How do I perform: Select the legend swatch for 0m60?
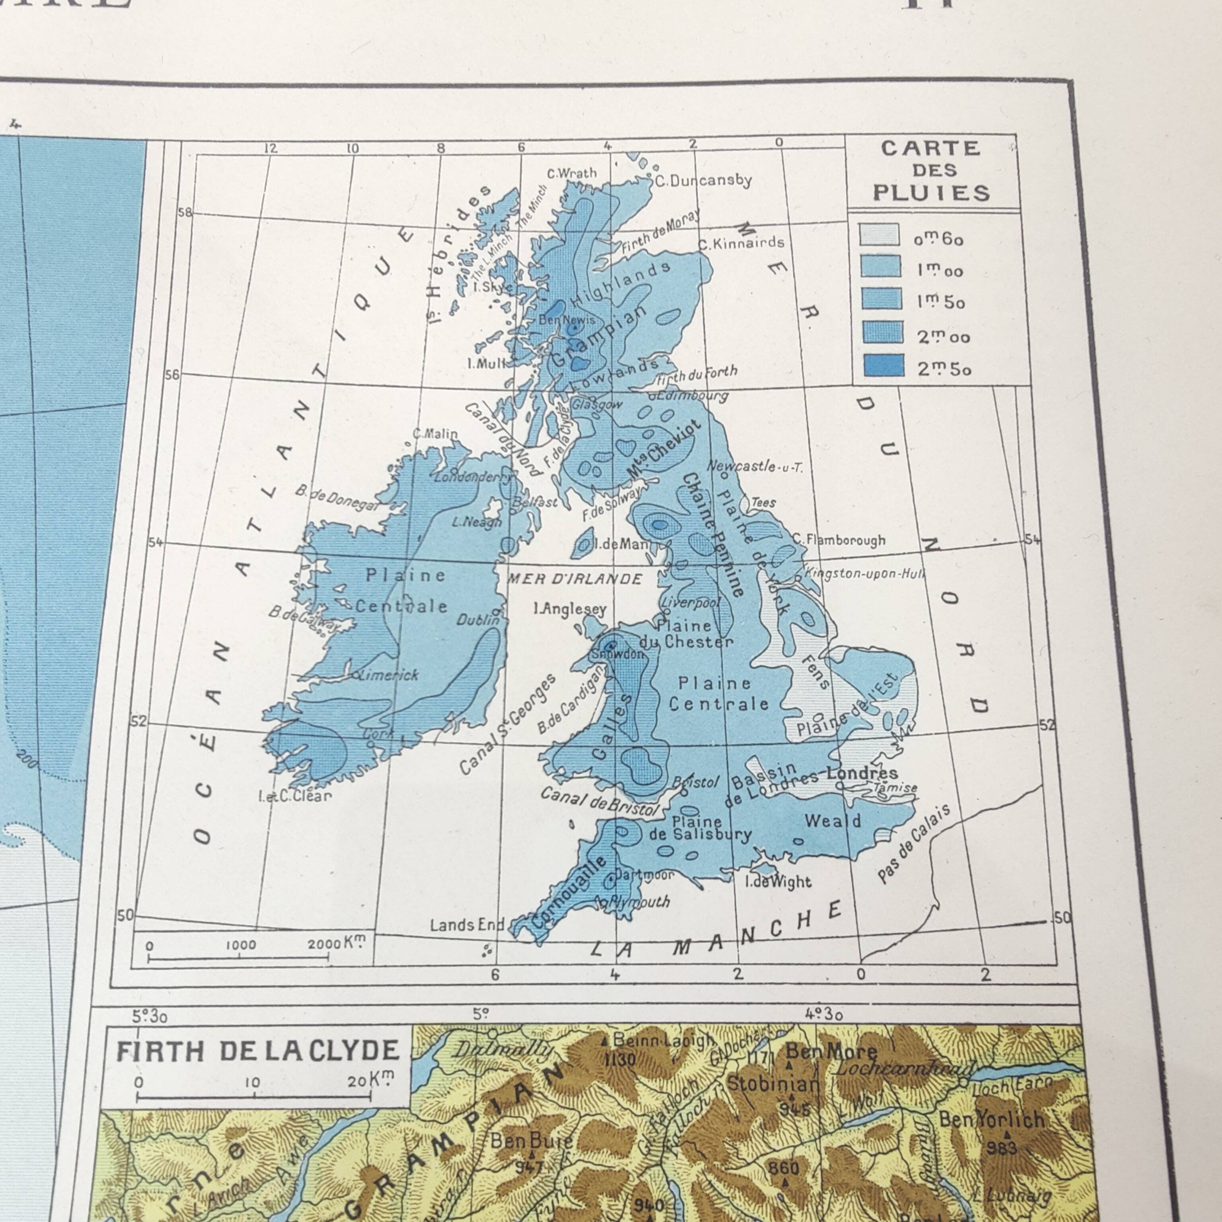pos(879,235)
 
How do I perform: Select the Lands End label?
pos(467,925)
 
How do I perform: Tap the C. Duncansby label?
pos(703,181)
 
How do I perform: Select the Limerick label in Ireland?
pos(388,675)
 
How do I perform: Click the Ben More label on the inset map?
pos(831,1051)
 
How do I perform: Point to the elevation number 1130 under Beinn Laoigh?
pos(619,1059)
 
